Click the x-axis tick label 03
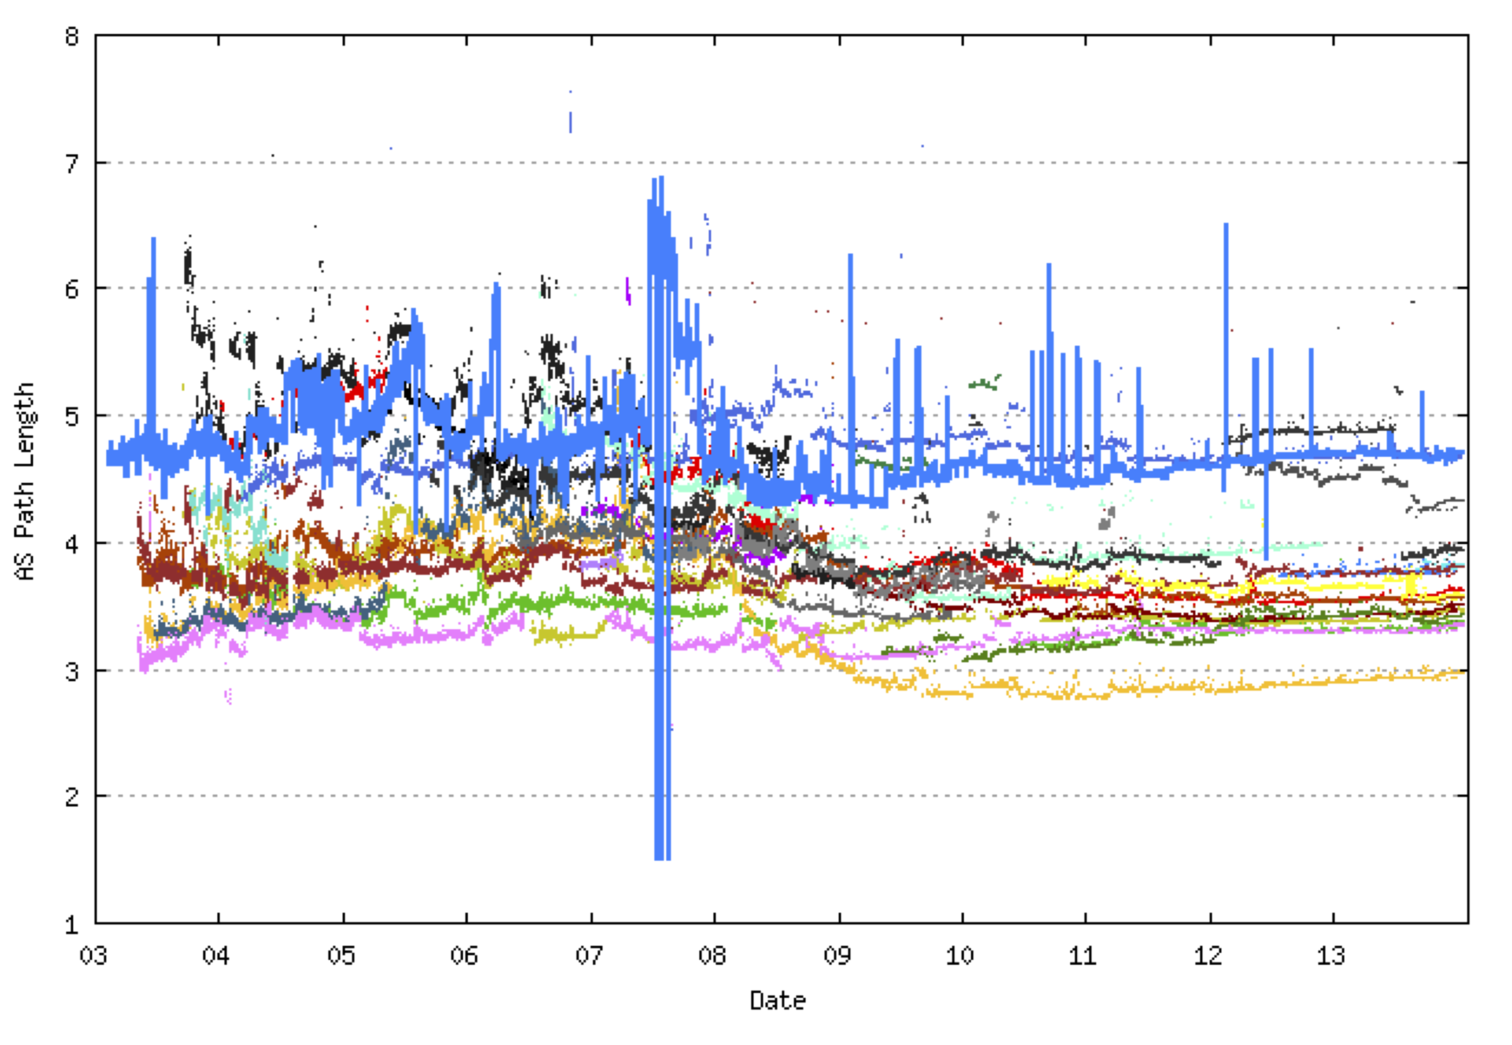tap(93, 956)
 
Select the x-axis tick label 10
tap(960, 956)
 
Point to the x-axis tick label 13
tap(1331, 956)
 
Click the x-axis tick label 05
tap(341, 956)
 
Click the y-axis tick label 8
tap(72, 37)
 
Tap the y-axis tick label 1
tap(72, 925)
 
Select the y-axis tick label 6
tap(72, 289)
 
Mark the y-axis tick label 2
tap(72, 797)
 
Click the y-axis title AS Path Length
tap(25, 481)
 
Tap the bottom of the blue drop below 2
tap(663, 858)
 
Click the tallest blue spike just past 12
tap(1226, 226)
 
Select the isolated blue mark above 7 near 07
tap(570, 121)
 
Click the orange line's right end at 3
tap(1462, 672)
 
